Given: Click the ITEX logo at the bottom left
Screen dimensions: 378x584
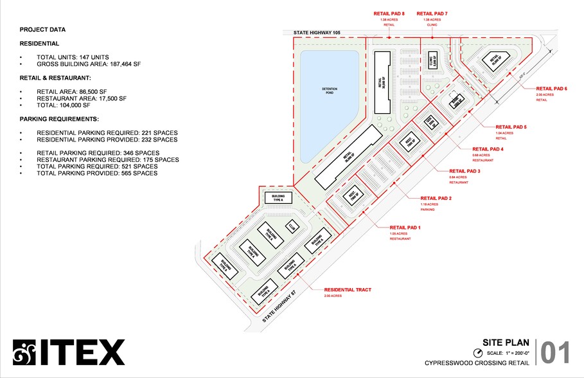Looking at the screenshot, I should tap(69, 352).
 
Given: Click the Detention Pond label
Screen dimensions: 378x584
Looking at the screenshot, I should tap(330, 89).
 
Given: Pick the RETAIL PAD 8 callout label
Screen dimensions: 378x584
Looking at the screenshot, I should tap(389, 13).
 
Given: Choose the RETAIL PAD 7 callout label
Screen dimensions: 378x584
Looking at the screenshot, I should tap(432, 13).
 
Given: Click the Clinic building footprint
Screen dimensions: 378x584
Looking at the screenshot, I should tap(432, 60).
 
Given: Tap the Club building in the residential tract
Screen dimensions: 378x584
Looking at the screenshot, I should tap(292, 226).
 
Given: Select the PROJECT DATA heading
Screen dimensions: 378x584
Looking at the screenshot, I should tap(42, 30).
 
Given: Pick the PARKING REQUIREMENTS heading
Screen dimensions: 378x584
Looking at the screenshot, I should tap(59, 120).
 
